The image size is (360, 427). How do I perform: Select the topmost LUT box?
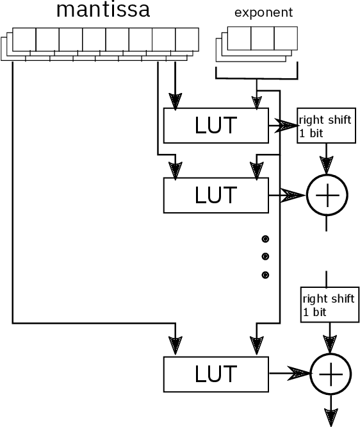coord(215,126)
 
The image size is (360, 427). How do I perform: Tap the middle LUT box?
coord(215,195)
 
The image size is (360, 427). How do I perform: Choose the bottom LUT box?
coord(215,374)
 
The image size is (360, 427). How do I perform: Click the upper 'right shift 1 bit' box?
coord(325,126)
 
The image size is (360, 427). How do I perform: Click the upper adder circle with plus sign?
coord(327,195)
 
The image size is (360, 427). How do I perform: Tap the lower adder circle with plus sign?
coord(331,374)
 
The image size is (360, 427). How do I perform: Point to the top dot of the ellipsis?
coord(265,239)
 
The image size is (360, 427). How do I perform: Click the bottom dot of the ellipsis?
coord(265,275)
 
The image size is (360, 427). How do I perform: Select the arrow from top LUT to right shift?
coord(282,126)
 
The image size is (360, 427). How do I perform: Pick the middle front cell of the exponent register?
coord(262,38)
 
